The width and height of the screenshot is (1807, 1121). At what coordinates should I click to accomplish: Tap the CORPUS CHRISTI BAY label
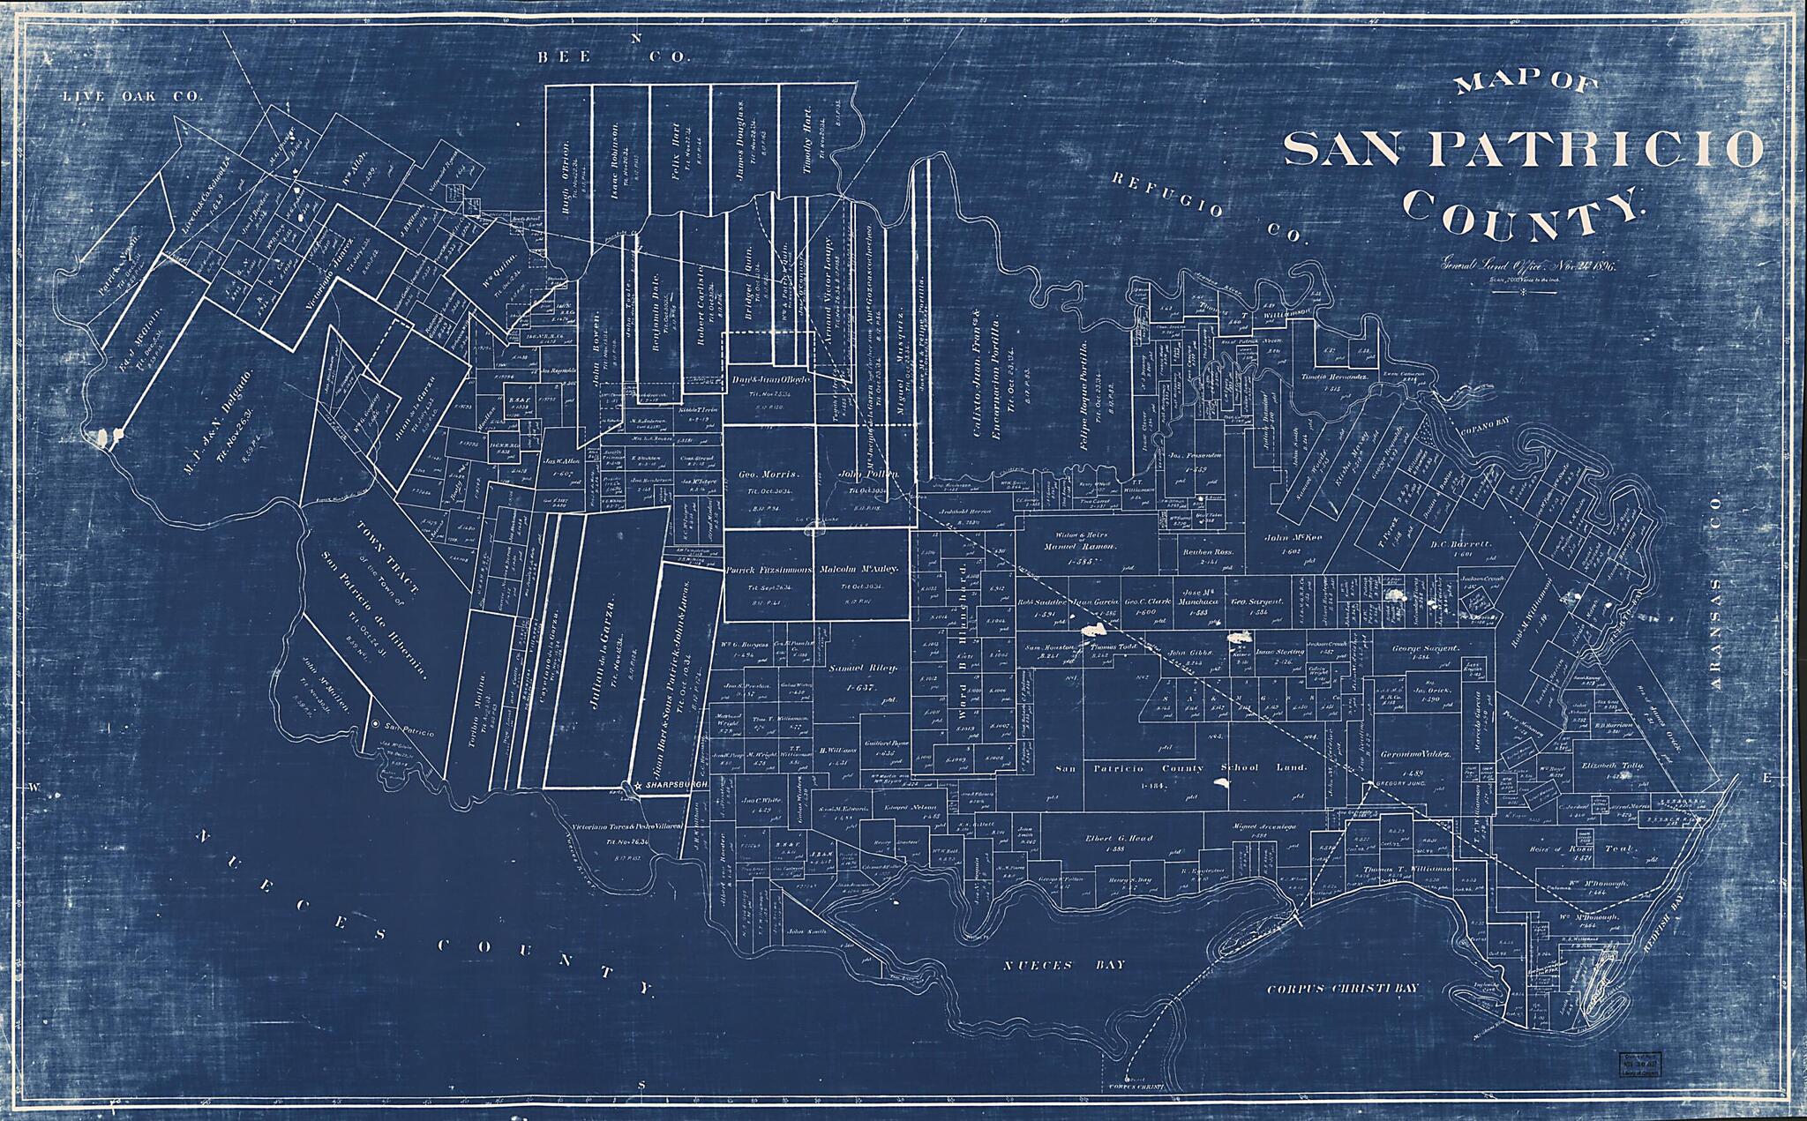(x=1342, y=988)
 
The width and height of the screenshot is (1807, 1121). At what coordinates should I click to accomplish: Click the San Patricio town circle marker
(x=377, y=724)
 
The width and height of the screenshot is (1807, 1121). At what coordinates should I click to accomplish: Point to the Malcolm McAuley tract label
(x=859, y=571)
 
